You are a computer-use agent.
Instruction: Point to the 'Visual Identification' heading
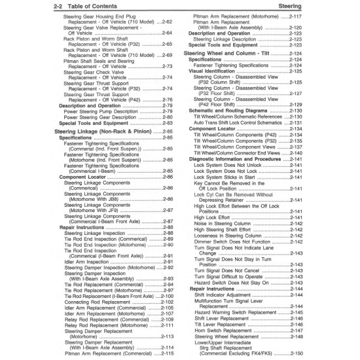click(219, 71)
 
